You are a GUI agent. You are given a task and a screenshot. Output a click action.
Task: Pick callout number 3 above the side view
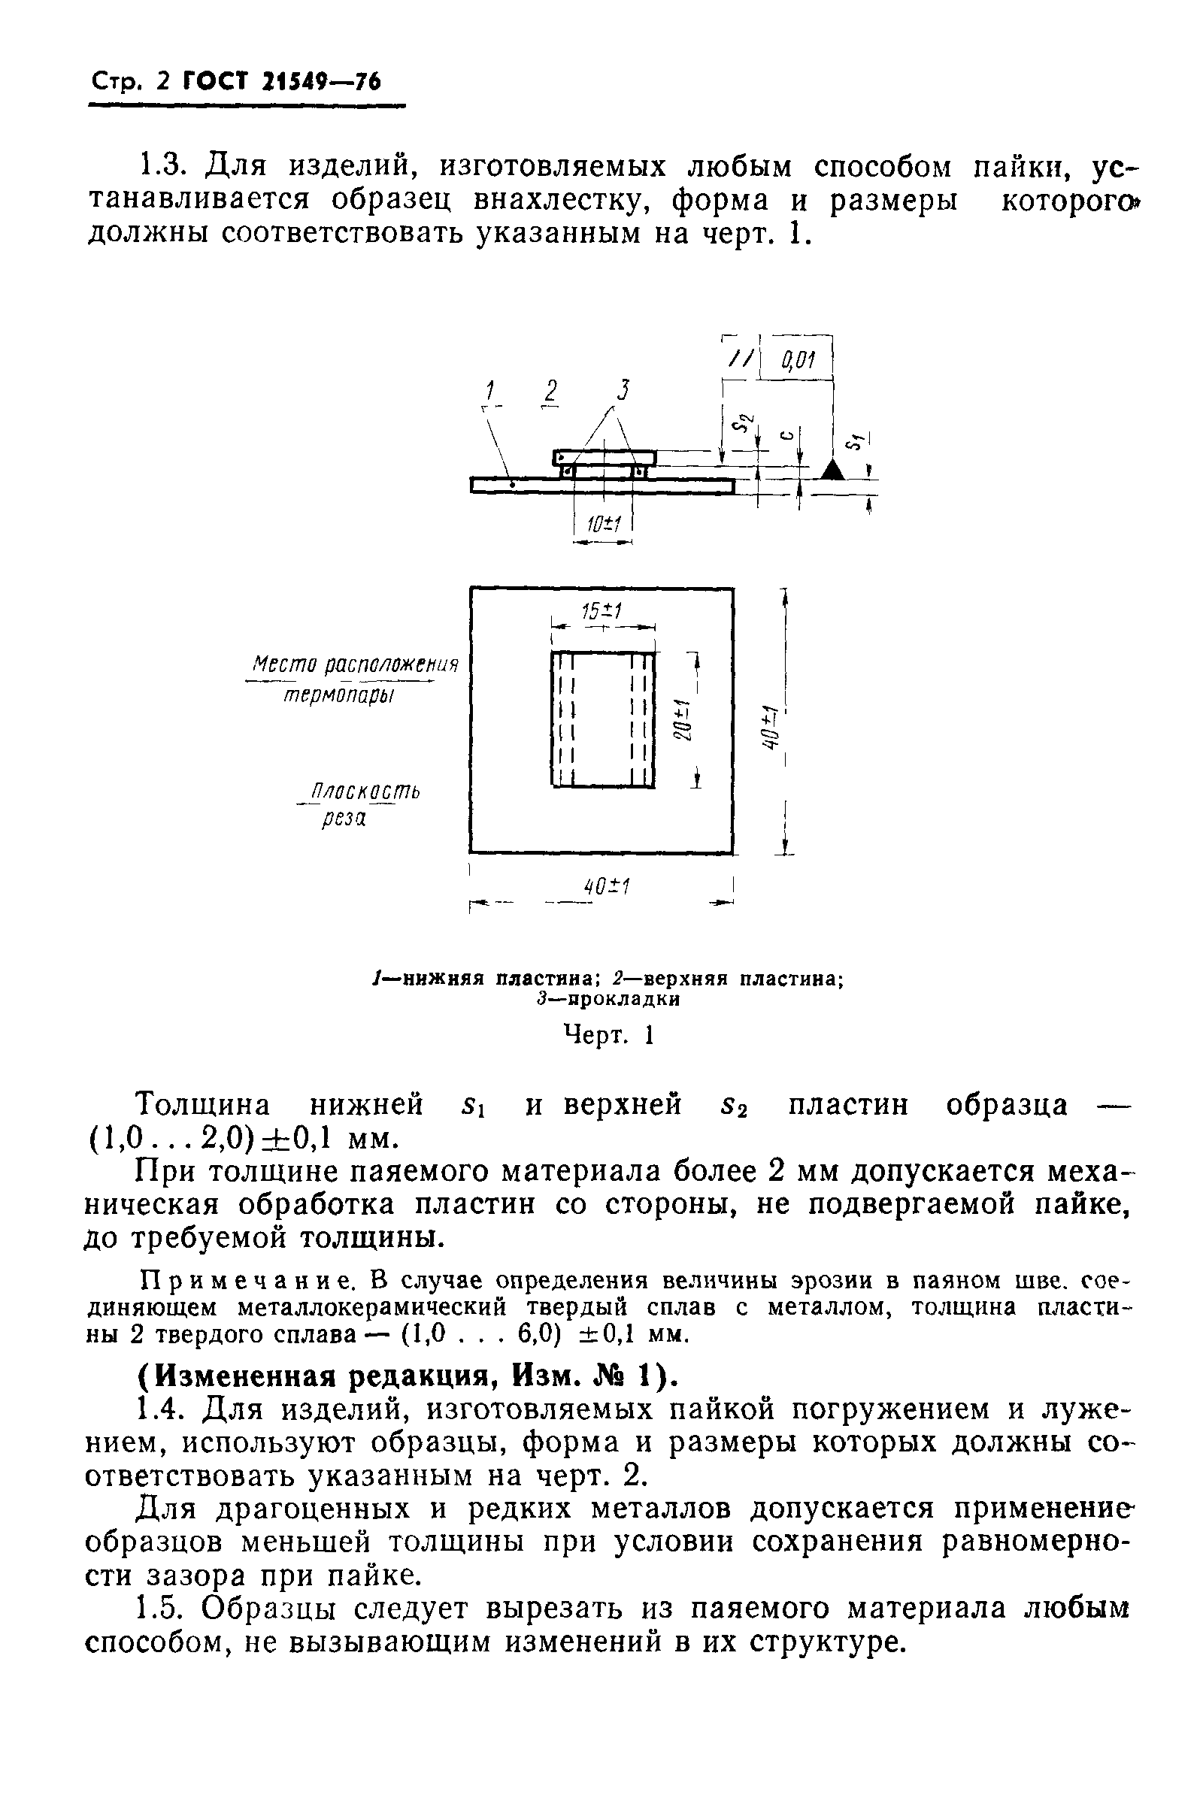pos(623,390)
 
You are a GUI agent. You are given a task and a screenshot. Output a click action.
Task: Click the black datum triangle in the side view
pos(832,469)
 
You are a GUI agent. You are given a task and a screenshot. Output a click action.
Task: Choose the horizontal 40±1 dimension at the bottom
pos(606,888)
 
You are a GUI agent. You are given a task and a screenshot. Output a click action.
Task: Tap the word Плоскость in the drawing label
pos(362,792)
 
